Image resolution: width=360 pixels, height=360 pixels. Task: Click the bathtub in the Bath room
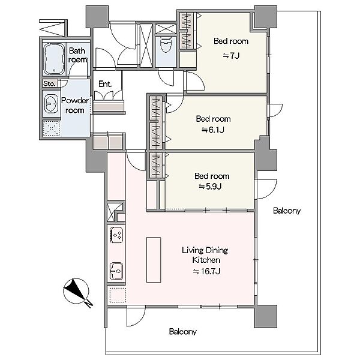[54, 59]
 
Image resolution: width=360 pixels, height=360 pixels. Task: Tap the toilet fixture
[166, 44]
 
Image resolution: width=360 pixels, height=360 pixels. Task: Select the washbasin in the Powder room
[51, 104]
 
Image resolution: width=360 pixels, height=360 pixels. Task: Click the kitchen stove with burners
[116, 235]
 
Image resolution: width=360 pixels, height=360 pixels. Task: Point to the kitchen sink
[116, 271]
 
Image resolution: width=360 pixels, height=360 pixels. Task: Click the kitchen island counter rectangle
[154, 260]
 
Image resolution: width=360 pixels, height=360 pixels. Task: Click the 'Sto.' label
[49, 83]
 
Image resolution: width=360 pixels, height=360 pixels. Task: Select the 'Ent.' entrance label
[105, 84]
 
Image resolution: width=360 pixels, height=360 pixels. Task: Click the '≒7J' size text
[231, 56]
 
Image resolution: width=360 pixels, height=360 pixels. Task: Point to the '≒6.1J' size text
[213, 130]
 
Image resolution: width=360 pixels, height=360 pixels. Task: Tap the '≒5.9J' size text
[210, 187]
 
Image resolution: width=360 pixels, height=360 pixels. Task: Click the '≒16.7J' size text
[206, 271]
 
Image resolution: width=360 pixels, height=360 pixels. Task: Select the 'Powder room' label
[75, 106]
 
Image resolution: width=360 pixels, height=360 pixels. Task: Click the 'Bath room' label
[77, 55]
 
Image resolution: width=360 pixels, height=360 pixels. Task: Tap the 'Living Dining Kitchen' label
[205, 255]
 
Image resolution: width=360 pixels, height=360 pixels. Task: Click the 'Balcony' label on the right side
[287, 211]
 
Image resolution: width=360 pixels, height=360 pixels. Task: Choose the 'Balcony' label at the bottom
[183, 332]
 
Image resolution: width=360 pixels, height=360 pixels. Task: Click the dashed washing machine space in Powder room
[51, 128]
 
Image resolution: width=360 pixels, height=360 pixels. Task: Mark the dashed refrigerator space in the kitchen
[118, 295]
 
